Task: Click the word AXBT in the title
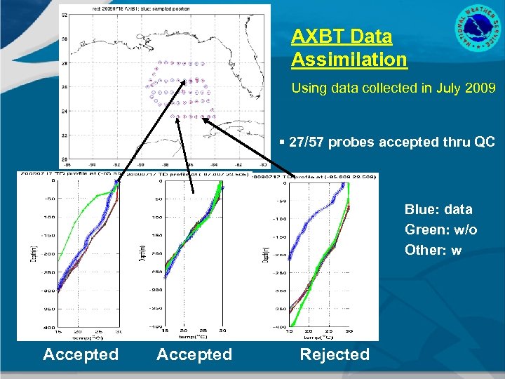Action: pyautogui.click(x=314, y=36)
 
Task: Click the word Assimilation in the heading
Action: pyautogui.click(x=349, y=60)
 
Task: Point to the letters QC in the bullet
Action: pyautogui.click(x=485, y=142)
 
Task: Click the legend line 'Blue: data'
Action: pyautogui.click(x=438, y=209)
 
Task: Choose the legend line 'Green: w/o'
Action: pyautogui.click(x=440, y=230)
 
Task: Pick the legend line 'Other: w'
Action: pyautogui.click(x=433, y=250)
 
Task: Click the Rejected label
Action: pyautogui.click(x=334, y=354)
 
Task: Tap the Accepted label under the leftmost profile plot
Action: pyautogui.click(x=81, y=354)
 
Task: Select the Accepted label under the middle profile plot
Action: pyautogui.click(x=194, y=354)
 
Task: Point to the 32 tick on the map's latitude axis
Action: pyautogui.click(x=64, y=15)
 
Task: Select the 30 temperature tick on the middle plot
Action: pyautogui.click(x=222, y=331)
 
